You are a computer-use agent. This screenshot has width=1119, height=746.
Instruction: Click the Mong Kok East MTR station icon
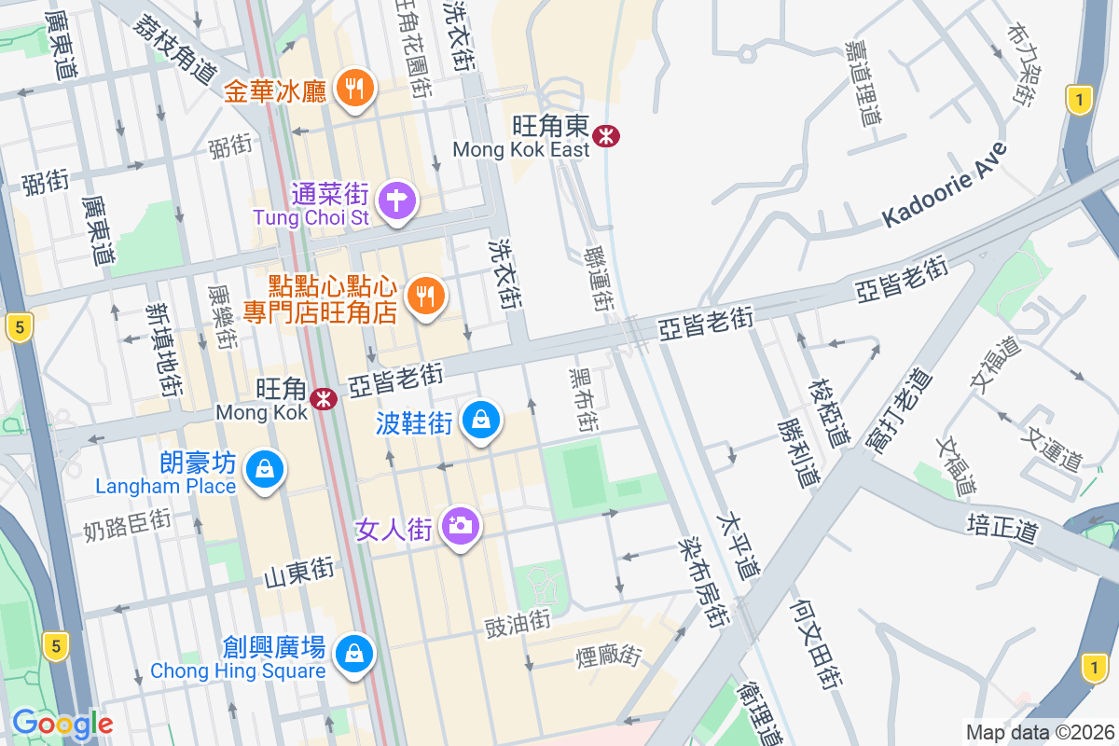(606, 136)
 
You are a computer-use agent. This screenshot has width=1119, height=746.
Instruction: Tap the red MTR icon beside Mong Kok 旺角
(324, 399)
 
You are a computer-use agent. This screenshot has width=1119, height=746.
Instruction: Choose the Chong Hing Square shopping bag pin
(354, 654)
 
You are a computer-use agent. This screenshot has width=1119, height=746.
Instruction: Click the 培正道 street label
(1002, 527)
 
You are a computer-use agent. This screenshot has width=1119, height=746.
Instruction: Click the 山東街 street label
(298, 572)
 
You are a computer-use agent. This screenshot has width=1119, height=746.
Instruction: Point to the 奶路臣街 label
(127, 524)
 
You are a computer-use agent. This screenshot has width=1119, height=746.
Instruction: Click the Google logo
(62, 724)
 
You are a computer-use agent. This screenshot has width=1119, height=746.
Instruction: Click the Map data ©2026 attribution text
(1040, 733)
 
